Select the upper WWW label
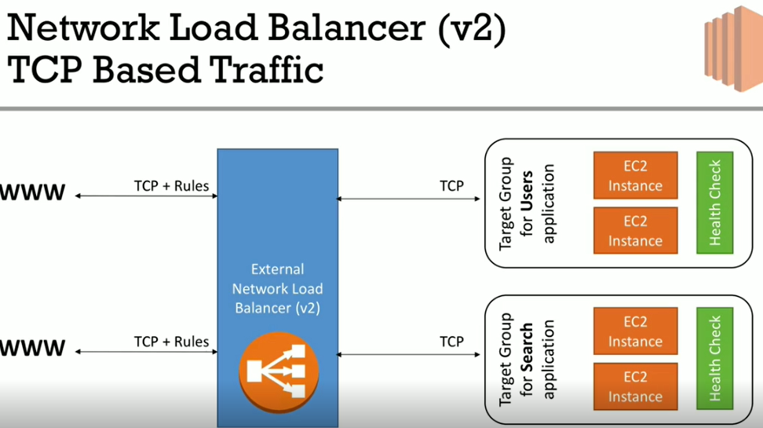pyautogui.click(x=32, y=193)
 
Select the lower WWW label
pyautogui.click(x=32, y=348)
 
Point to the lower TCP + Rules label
pyautogui.click(x=171, y=342)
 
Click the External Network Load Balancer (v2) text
pyautogui.click(x=277, y=288)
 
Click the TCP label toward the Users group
pyautogui.click(x=451, y=187)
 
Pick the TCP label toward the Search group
pyautogui.click(x=451, y=342)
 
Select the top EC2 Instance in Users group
pyautogui.click(x=635, y=177)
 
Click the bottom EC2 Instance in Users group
pyautogui.click(x=635, y=231)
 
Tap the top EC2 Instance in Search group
pyautogui.click(x=635, y=332)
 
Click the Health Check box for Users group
pyautogui.click(x=714, y=203)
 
